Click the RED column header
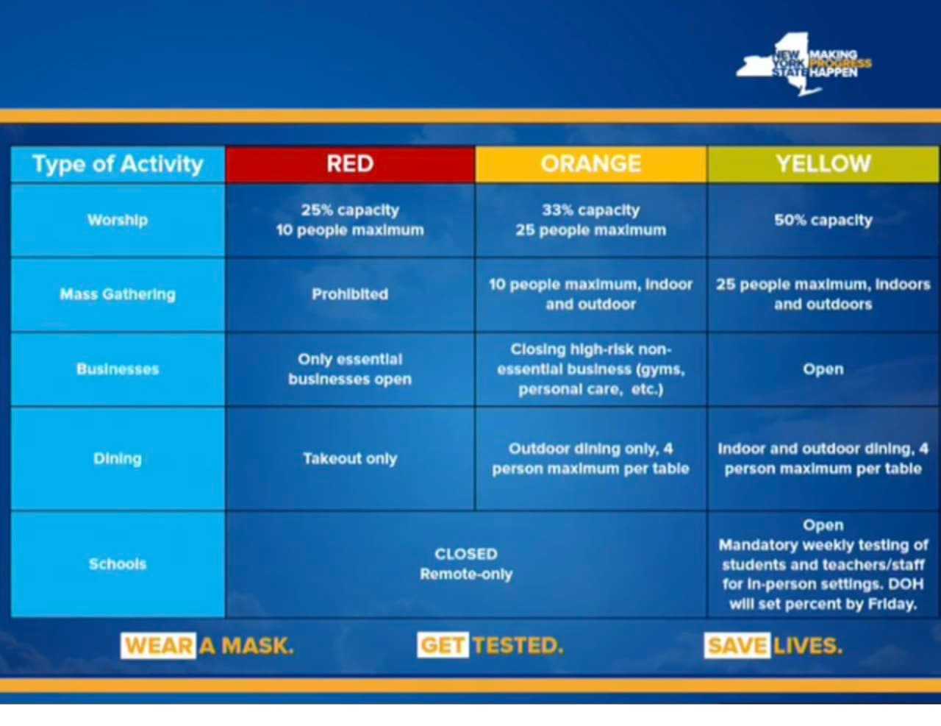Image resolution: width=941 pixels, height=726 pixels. (350, 164)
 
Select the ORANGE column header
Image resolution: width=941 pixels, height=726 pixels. (590, 164)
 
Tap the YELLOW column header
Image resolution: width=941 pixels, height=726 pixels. (823, 164)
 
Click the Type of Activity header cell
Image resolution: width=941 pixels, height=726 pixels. (118, 164)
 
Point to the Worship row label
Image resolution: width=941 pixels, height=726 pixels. (118, 220)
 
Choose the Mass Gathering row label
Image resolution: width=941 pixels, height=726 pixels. (118, 294)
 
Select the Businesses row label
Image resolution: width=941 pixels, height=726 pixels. (118, 369)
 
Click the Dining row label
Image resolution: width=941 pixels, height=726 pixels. (118, 458)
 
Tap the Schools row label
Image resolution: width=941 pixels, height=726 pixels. (118, 564)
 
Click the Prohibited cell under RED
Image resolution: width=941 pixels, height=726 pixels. (350, 294)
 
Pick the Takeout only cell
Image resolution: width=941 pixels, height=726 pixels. (350, 458)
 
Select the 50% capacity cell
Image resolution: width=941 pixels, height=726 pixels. (823, 220)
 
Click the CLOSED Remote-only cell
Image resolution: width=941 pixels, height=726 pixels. (466, 564)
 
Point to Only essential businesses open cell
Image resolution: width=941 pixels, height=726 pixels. (350, 369)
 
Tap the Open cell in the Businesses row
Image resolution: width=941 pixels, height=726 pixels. (823, 369)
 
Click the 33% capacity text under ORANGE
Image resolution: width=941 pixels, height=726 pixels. (590, 210)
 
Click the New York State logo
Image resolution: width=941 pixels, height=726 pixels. (804, 64)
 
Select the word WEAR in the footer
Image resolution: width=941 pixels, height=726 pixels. (159, 646)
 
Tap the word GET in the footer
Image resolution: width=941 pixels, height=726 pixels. (443, 645)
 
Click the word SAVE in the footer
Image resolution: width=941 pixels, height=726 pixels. (737, 645)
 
